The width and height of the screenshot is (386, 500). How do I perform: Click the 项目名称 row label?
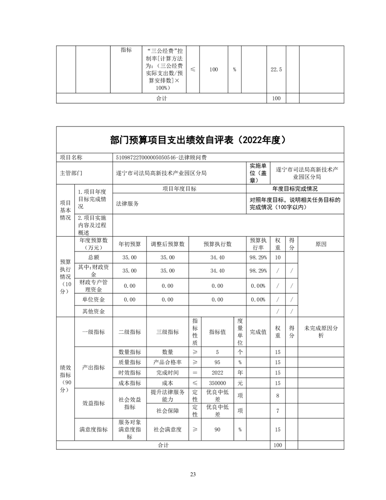pyautogui.click(x=71, y=157)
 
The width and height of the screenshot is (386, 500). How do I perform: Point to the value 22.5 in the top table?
pyautogui.click(x=276, y=70)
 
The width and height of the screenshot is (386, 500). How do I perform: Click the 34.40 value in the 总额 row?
pyautogui.click(x=217, y=257)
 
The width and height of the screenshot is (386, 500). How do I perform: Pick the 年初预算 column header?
pyautogui.click(x=130, y=244)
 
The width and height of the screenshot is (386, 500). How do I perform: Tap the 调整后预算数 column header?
pyautogui.click(x=167, y=244)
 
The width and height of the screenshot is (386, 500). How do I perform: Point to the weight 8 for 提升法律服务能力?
pyautogui.click(x=278, y=396)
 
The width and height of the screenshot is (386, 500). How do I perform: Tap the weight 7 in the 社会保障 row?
pyautogui.click(x=278, y=411)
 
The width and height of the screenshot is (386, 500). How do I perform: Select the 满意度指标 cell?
pyautogui.click(x=94, y=430)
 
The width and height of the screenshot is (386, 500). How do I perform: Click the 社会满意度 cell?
pyautogui.click(x=167, y=430)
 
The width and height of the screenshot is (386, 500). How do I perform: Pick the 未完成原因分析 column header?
pyautogui.click(x=321, y=332)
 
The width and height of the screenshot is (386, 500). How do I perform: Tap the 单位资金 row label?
pyautogui.click(x=94, y=300)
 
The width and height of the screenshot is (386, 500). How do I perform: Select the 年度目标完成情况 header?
pyautogui.click(x=295, y=188)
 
